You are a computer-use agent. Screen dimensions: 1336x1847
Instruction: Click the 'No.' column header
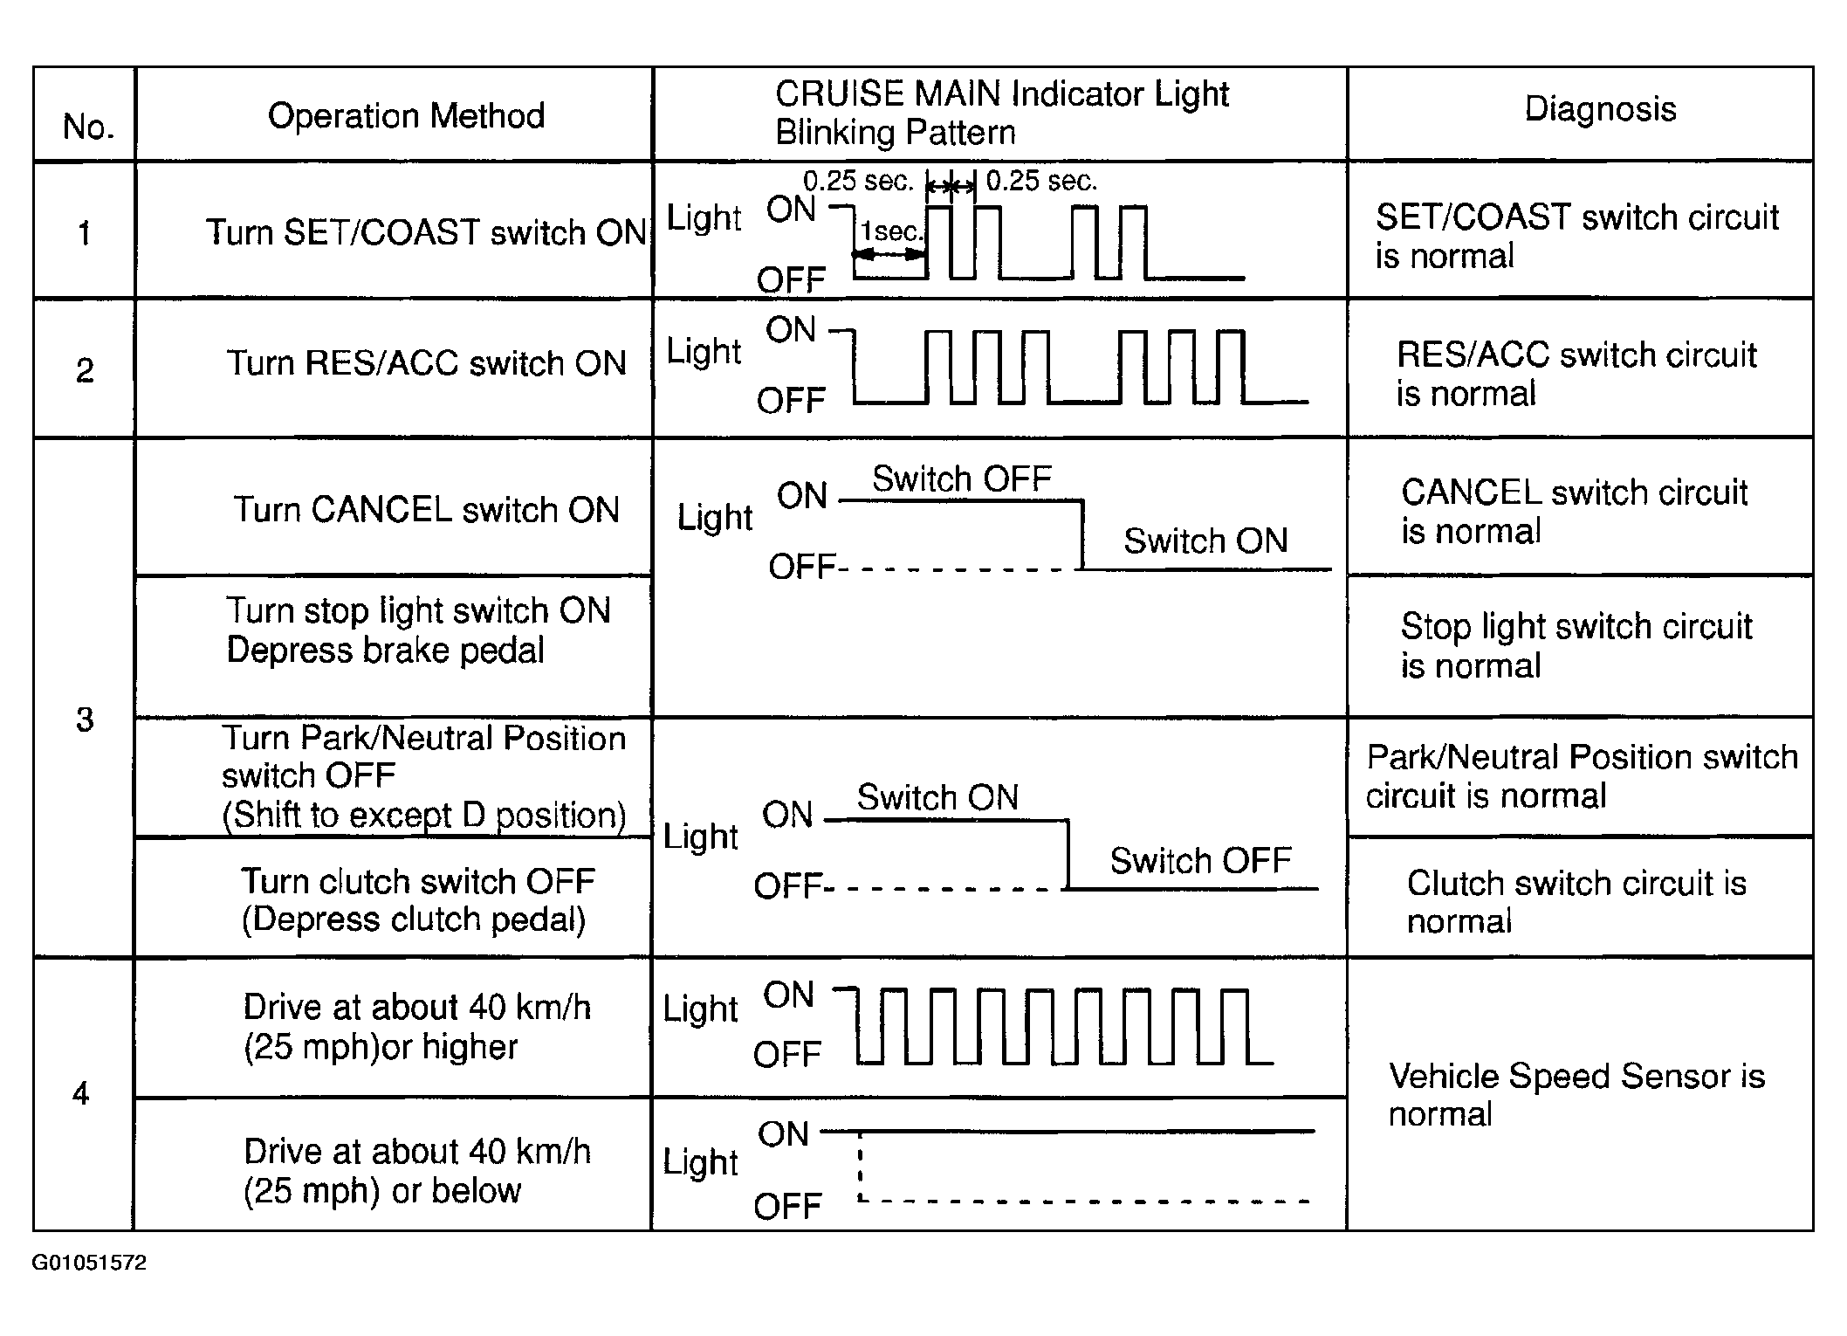tap(88, 127)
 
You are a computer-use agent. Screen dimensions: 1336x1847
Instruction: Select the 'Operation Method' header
tap(406, 116)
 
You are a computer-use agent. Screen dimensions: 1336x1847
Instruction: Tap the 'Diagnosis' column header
tap(1599, 110)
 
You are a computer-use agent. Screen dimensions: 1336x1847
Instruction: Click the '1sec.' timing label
tap(891, 231)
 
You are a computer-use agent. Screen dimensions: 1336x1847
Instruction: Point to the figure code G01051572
tap(89, 1263)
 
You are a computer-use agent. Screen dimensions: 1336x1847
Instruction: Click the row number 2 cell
tap(85, 371)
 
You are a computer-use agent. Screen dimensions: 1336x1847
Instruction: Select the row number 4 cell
tap(81, 1093)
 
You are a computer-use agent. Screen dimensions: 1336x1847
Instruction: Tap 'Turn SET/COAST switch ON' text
tap(425, 233)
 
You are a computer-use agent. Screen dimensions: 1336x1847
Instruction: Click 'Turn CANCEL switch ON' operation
tap(426, 510)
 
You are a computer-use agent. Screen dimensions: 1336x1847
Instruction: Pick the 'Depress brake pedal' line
tap(385, 651)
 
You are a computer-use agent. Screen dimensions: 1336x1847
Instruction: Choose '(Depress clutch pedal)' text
tap(413, 919)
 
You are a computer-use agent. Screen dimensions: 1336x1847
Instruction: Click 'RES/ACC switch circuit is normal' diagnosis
tap(1576, 374)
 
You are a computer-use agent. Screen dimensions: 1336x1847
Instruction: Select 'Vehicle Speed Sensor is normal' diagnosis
tap(1576, 1095)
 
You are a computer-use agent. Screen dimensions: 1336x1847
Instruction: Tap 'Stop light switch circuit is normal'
tap(1576, 646)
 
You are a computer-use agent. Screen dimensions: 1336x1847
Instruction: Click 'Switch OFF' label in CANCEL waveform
tap(962, 479)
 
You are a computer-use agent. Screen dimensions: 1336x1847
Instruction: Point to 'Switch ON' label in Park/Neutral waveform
tap(937, 798)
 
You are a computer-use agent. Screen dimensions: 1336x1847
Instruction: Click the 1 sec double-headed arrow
tap(889, 254)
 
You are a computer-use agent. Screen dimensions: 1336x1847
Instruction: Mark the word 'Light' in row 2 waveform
tap(704, 352)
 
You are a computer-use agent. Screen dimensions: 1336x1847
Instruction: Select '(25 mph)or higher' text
tap(381, 1047)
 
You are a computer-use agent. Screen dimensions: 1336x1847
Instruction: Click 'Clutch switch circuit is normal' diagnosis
tap(1576, 902)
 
